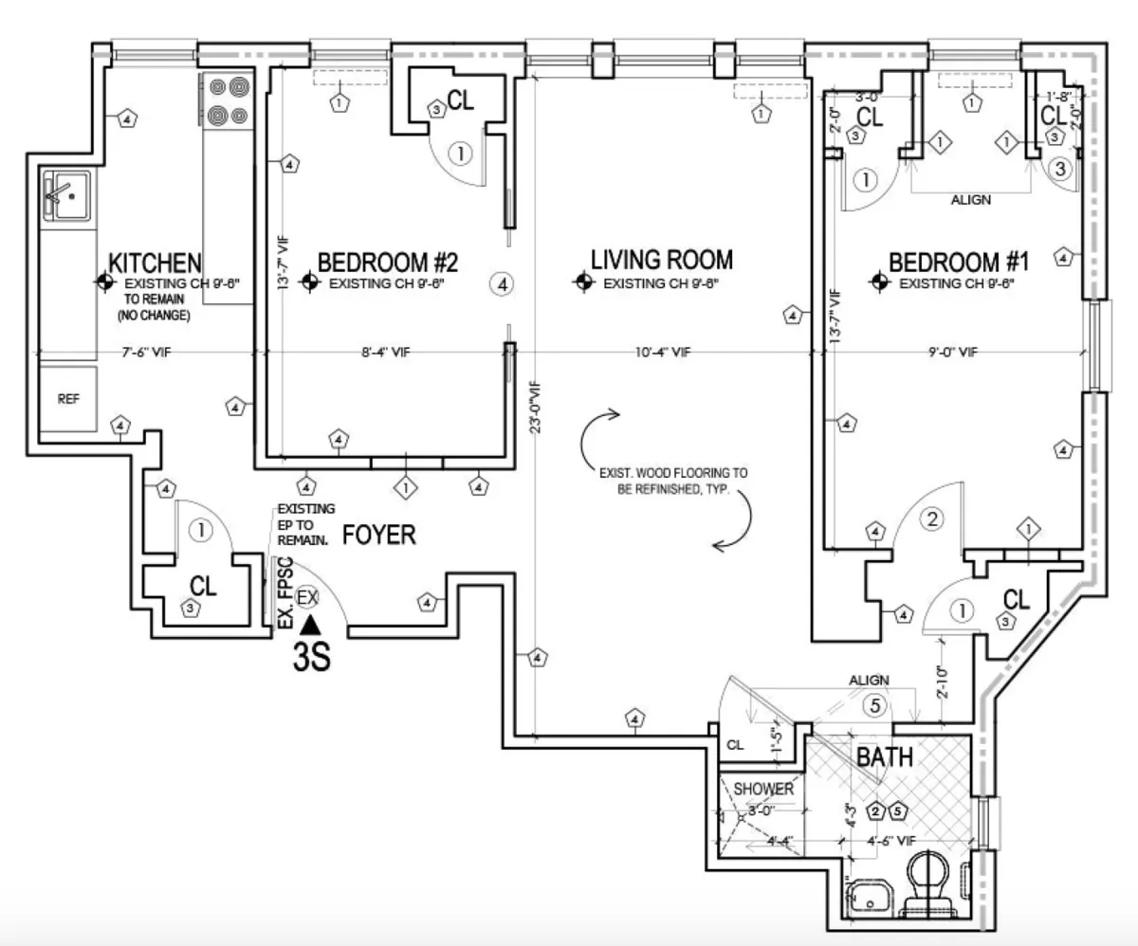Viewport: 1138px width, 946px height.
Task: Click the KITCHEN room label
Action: click(x=156, y=262)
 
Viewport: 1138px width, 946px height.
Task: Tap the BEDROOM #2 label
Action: click(x=388, y=261)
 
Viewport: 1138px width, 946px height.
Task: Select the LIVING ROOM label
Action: click(x=662, y=259)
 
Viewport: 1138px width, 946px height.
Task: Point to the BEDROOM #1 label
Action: click(x=958, y=261)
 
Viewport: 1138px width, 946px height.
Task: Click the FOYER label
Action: click(x=378, y=535)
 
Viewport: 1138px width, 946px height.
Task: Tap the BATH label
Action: click(x=885, y=757)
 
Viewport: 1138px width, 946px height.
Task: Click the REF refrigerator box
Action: click(x=68, y=399)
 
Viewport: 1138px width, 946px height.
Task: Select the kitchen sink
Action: click(x=66, y=195)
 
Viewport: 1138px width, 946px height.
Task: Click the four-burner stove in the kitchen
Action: click(x=228, y=101)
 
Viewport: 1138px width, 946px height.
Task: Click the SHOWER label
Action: click(x=762, y=789)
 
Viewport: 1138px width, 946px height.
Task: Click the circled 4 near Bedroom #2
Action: click(x=503, y=282)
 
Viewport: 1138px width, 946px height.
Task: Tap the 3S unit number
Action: click(x=310, y=657)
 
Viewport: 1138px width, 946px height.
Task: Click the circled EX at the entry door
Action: click(x=306, y=597)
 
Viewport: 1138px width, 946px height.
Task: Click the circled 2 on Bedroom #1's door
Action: click(x=933, y=518)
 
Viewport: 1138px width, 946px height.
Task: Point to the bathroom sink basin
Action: click(x=868, y=895)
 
